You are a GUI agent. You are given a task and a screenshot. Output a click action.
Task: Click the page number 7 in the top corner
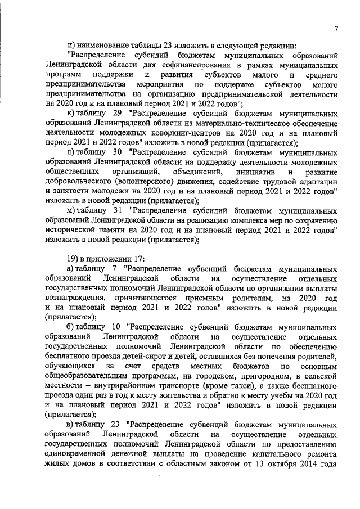click(x=335, y=29)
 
